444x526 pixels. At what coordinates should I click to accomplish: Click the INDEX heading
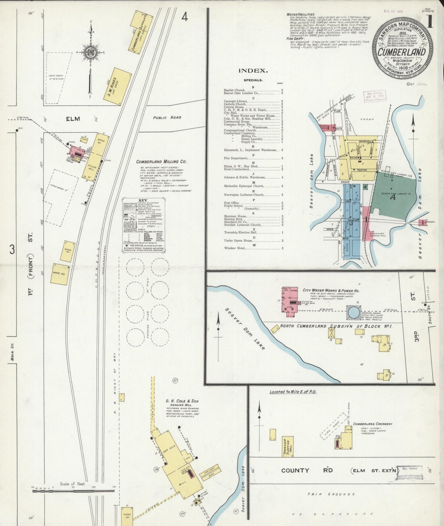pyautogui.click(x=253, y=71)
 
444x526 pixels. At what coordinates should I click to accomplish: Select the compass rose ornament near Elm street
pyautogui.click(x=91, y=52)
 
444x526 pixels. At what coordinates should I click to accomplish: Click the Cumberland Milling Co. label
pyautogui.click(x=161, y=162)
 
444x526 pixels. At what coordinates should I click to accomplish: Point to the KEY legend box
pyautogui.click(x=144, y=226)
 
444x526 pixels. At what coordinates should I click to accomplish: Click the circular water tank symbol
pyautogui.click(x=353, y=313)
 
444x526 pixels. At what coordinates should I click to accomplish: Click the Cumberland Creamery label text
pyautogui.click(x=372, y=424)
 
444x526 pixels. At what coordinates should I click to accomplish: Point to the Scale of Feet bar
pyautogui.click(x=73, y=491)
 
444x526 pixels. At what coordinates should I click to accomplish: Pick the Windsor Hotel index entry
pyautogui.click(x=234, y=248)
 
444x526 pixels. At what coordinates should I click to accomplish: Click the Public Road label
pyautogui.click(x=167, y=118)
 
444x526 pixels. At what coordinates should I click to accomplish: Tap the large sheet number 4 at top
pyautogui.click(x=184, y=17)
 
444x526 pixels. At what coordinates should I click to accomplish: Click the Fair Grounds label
pyautogui.click(x=331, y=494)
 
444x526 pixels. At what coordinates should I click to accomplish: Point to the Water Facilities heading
pyautogui.click(x=301, y=14)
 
